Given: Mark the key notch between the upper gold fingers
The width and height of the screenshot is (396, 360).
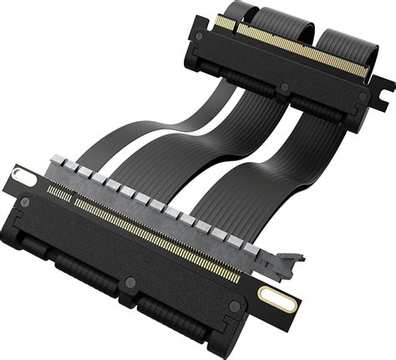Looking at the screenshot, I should point(237,24).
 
